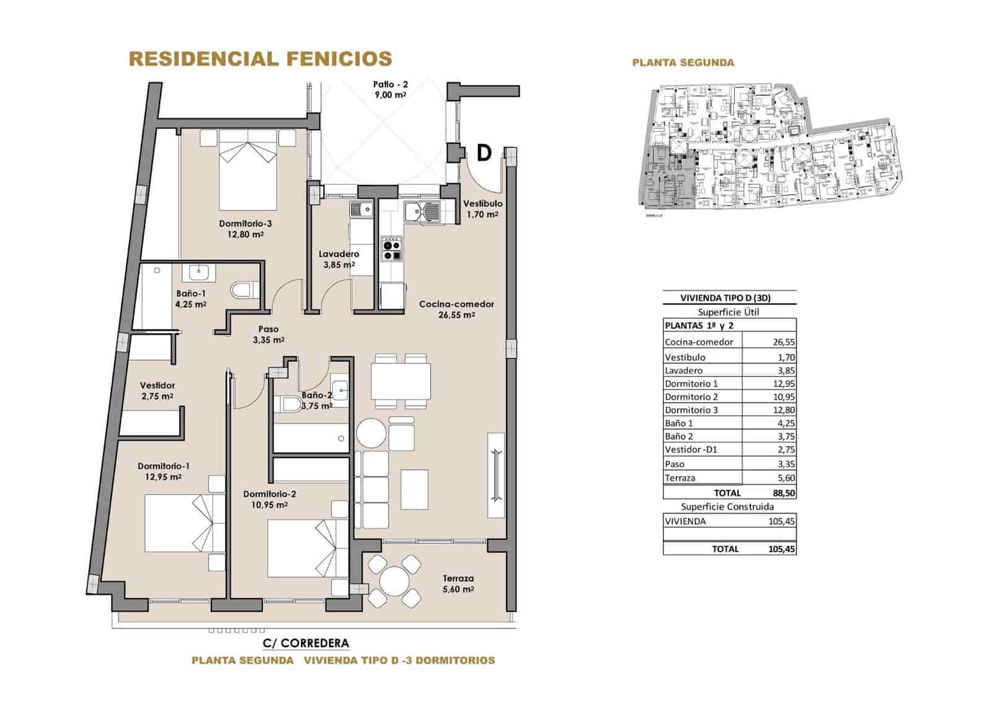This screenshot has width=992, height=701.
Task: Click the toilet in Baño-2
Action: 290,405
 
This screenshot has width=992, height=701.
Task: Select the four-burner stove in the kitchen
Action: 392,248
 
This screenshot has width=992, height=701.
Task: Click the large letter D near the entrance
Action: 484,153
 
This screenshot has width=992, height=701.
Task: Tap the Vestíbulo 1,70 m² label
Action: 483,209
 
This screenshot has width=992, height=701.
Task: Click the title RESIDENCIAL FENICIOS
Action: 260,59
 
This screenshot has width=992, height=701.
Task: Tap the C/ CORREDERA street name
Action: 306,643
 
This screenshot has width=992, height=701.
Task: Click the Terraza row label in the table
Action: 680,478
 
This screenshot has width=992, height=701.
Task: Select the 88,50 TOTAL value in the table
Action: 782,493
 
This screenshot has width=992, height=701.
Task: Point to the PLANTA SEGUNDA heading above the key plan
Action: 683,63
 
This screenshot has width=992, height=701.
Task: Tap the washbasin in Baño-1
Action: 198,271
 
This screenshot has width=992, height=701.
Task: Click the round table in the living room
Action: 371,432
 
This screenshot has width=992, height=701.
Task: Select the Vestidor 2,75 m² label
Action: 157,391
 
